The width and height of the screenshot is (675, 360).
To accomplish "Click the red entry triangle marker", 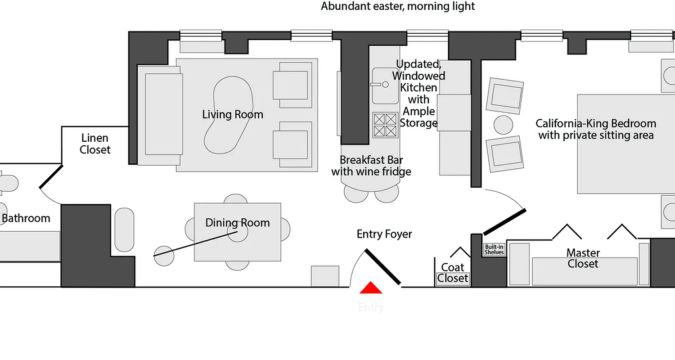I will (371, 288).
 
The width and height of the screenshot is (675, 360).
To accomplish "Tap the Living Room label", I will (232, 114).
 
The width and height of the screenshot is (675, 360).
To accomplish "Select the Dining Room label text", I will (238, 223).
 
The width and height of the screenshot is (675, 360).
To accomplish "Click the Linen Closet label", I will (95, 144).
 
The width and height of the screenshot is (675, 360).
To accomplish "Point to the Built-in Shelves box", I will (494, 249).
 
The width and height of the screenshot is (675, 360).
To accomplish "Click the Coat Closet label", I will (453, 273).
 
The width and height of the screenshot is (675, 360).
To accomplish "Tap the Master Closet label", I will (583, 258).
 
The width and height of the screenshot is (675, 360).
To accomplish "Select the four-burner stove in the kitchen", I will (385, 125).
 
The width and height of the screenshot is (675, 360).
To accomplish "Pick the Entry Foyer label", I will (384, 234).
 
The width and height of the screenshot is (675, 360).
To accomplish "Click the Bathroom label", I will (26, 219).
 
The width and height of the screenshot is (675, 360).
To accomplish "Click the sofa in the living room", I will (163, 115).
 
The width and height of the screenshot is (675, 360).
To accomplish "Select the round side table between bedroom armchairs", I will (503, 124).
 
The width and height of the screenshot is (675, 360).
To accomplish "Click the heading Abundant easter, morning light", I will (398, 6).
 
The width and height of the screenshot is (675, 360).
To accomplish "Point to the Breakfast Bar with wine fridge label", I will (371, 166).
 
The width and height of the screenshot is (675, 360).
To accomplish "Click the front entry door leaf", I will (382, 267).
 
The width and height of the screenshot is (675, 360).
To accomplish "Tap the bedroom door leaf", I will (504, 221).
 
